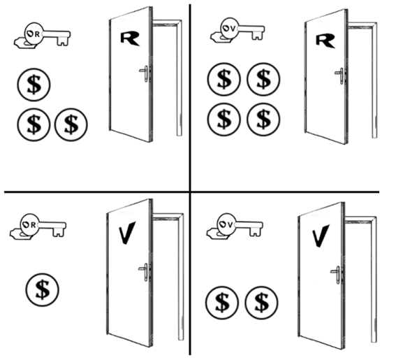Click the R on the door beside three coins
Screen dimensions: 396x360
pos(130,38)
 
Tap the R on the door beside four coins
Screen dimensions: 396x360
pos(325,41)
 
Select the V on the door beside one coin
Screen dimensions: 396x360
pos(127,233)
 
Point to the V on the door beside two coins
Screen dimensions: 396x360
pos(321,236)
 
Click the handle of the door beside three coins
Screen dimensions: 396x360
pos(145,73)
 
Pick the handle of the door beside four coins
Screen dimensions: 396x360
pos(340,75)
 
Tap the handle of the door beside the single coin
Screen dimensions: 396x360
pos(144,272)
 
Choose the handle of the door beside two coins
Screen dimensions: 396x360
pos(336,275)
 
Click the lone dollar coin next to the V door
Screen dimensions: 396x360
pos(42,289)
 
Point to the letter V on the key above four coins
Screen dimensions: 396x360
pos(233,29)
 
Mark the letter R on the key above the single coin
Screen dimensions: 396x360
pos(34,225)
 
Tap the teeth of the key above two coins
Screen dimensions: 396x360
pos(256,231)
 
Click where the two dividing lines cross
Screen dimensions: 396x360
pos(190,192)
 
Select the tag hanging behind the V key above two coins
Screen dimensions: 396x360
pos(216,233)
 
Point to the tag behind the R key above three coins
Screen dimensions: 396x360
pos(24,43)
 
